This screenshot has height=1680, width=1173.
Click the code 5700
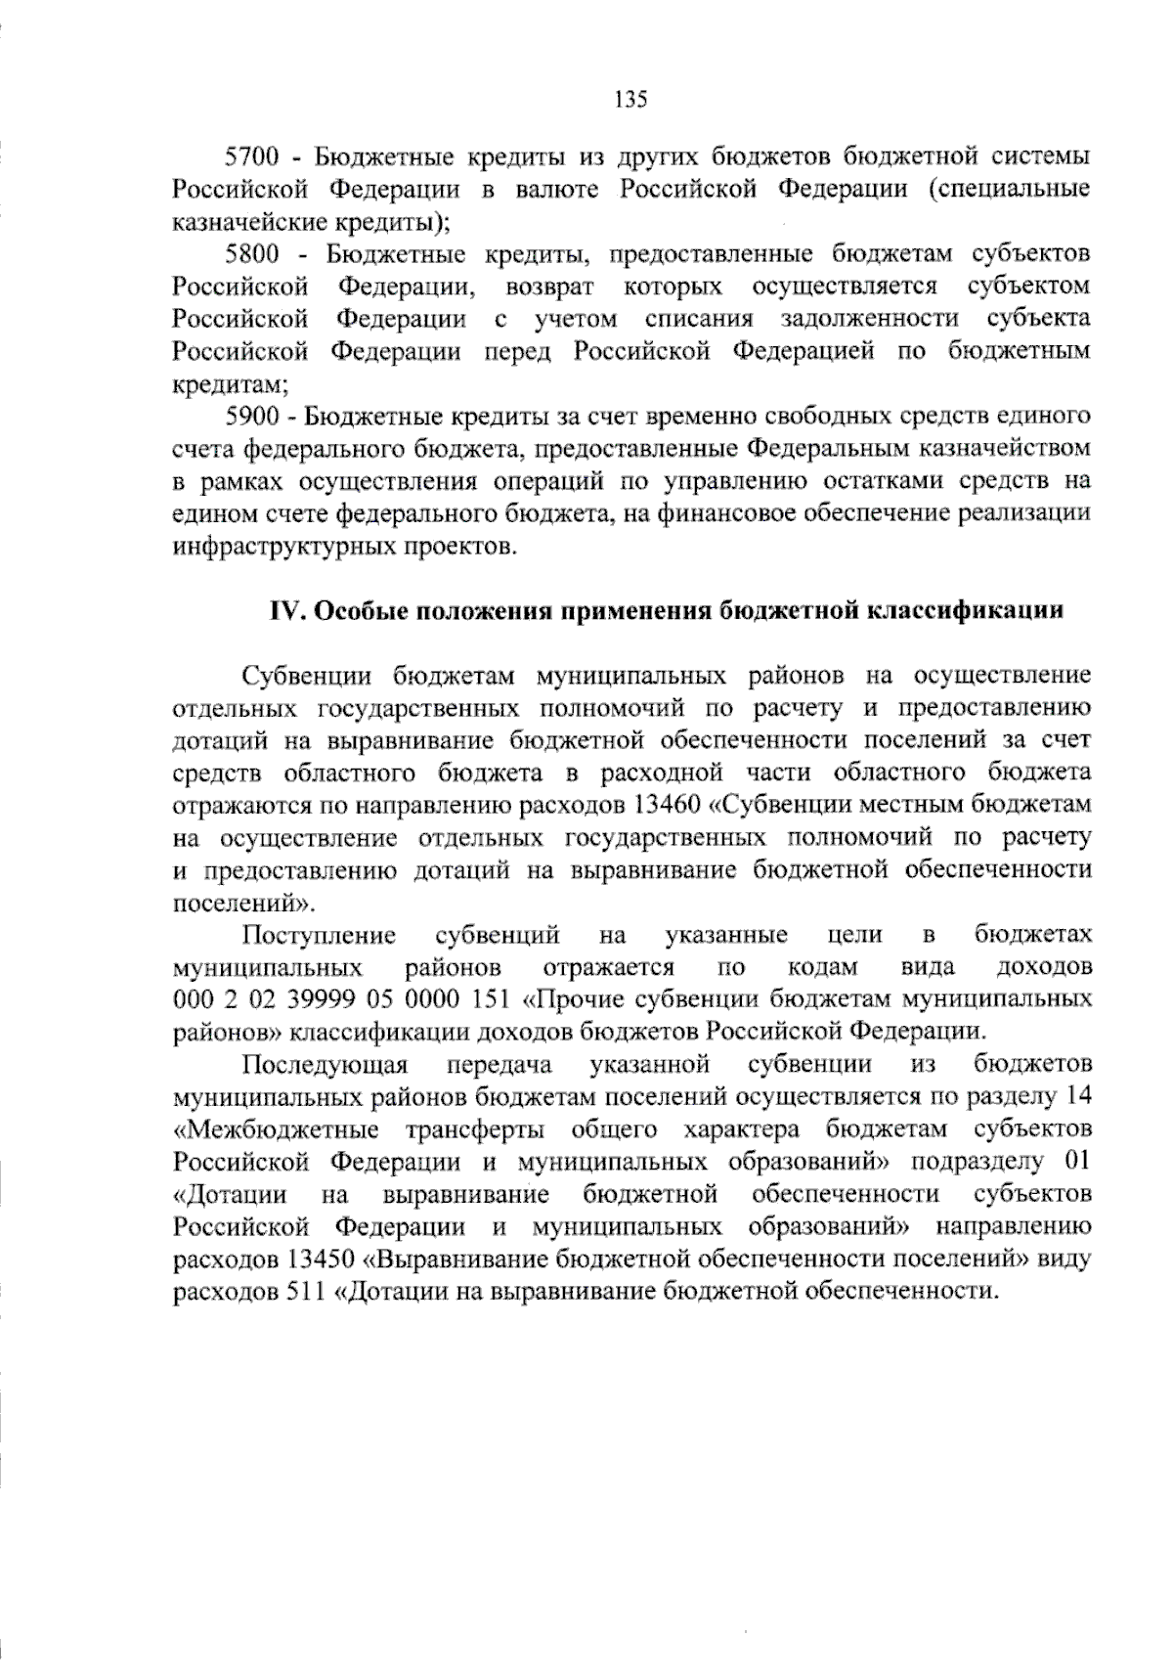pos(253,156)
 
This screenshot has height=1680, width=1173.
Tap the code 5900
pos(253,416)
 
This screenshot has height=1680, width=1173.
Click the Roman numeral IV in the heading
pos(290,611)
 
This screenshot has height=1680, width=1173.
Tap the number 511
pos(305,1291)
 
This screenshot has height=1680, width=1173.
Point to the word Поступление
pos(320,935)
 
